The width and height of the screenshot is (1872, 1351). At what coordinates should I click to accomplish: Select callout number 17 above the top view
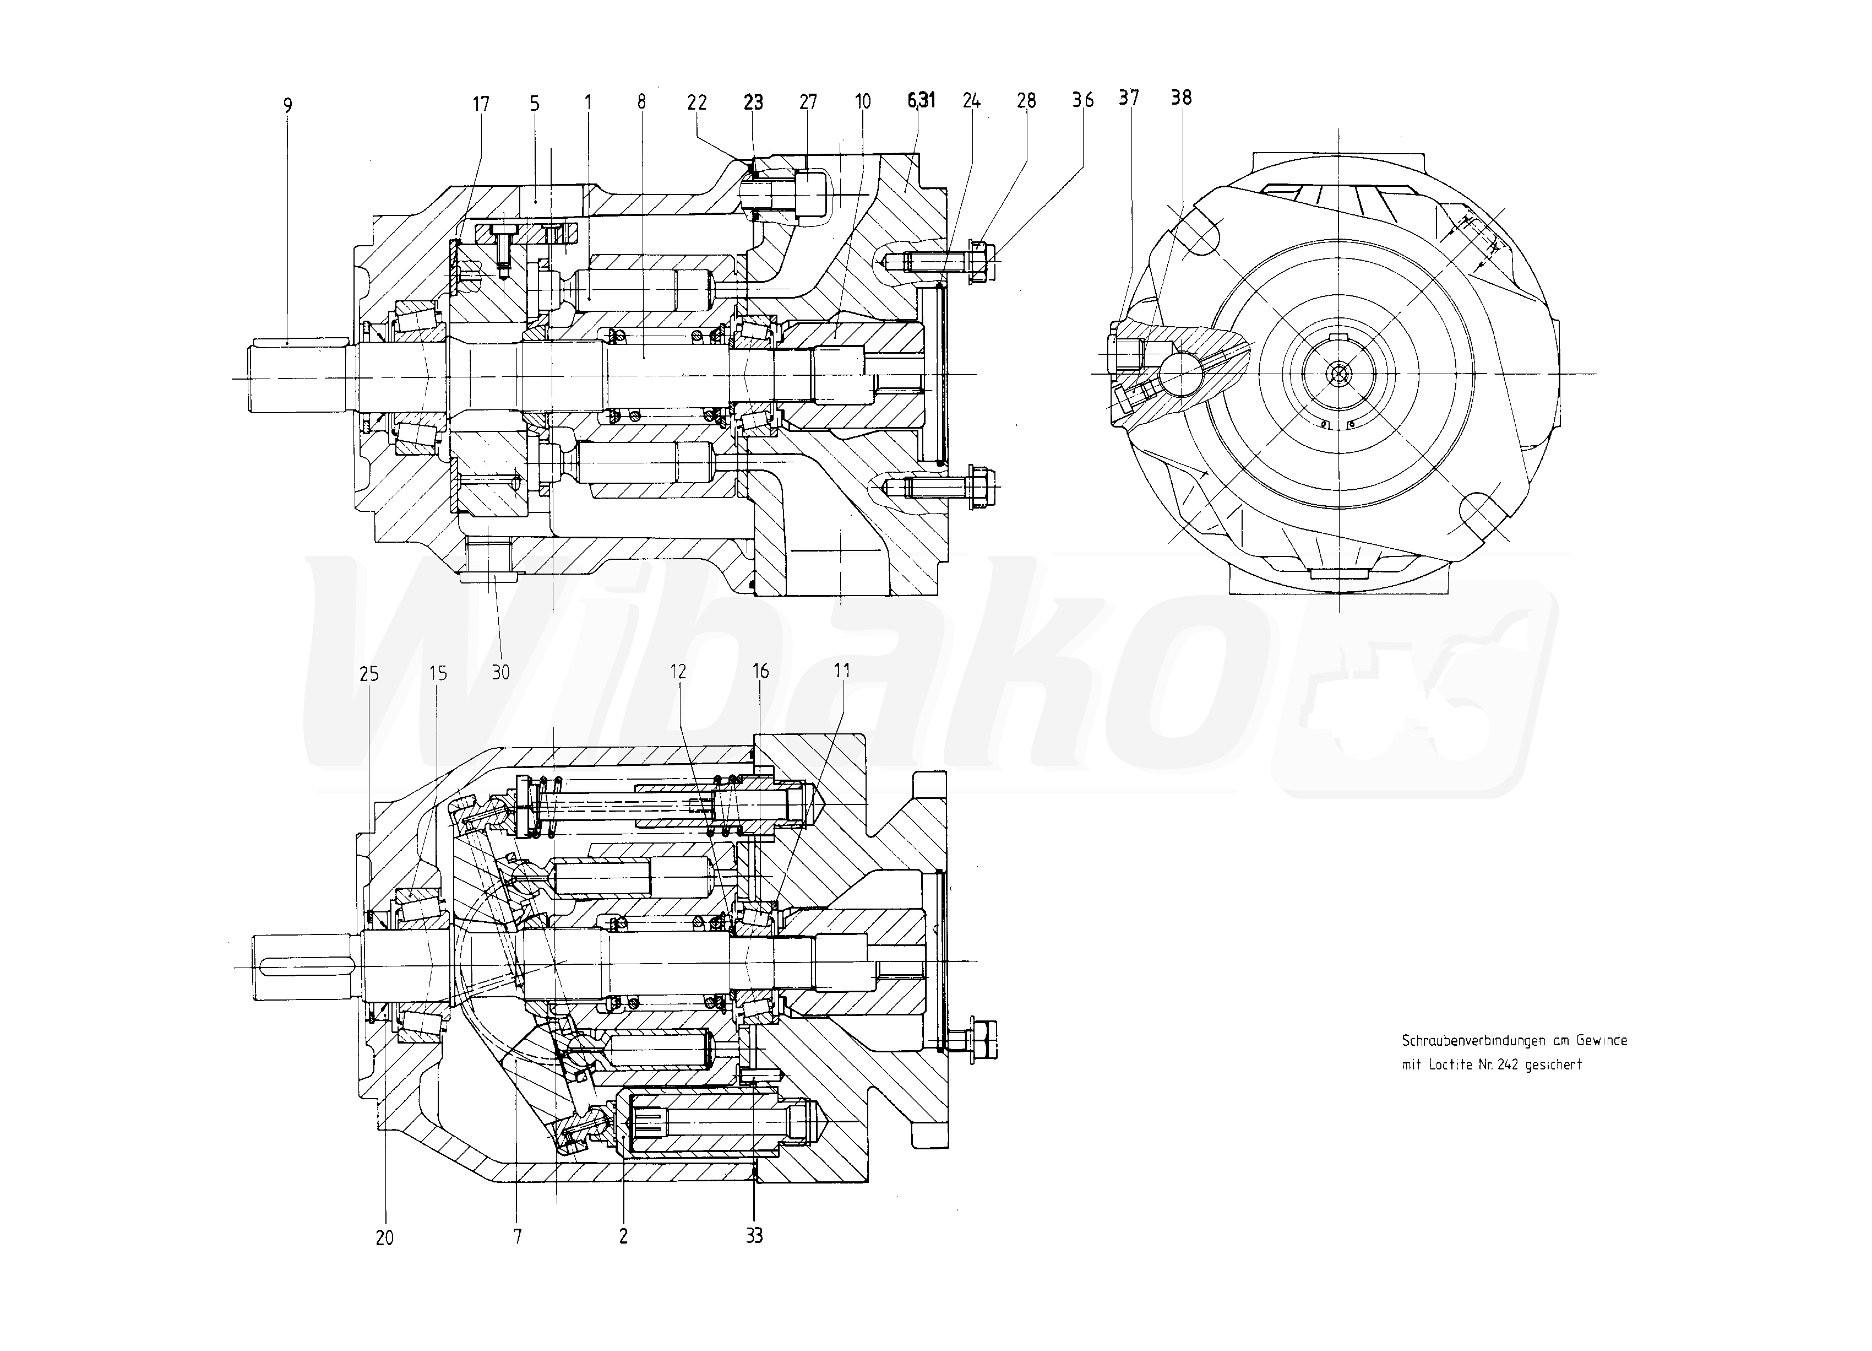[x=480, y=104]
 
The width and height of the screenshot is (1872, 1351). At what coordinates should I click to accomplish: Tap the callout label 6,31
[x=921, y=101]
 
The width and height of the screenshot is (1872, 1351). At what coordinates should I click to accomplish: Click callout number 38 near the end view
[x=1181, y=98]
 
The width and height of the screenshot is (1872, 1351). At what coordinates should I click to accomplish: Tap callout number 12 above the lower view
[x=678, y=672]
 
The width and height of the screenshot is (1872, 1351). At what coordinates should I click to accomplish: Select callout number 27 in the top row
[x=808, y=101]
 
